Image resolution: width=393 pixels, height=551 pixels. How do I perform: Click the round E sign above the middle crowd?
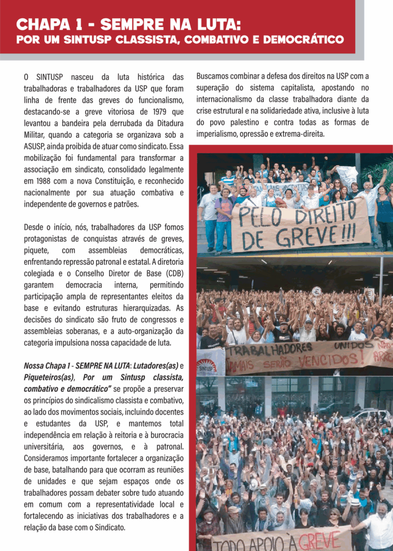point(316,291)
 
